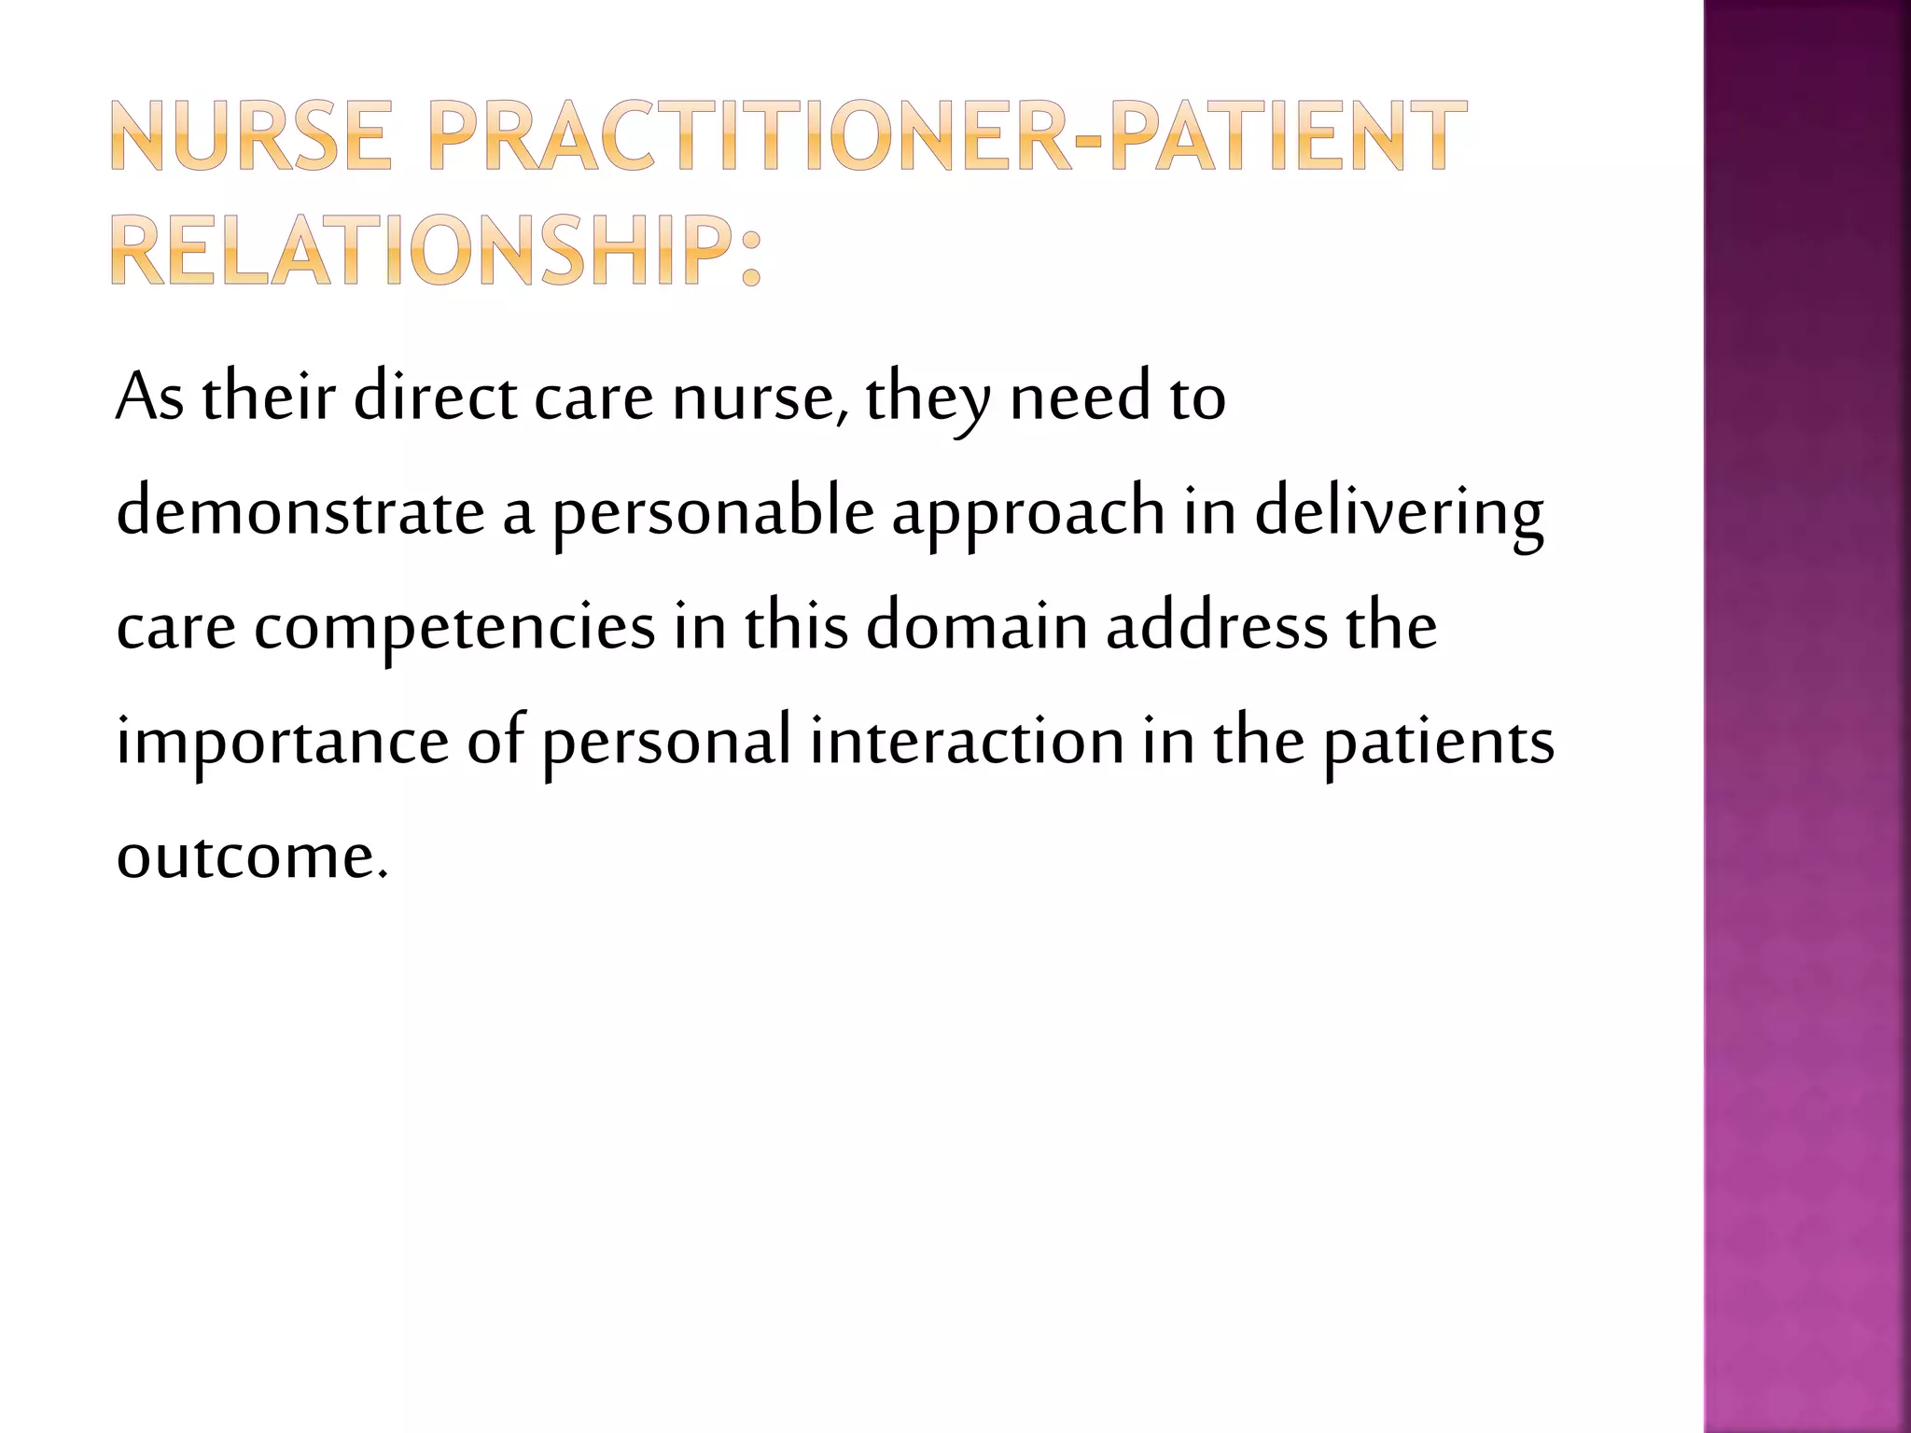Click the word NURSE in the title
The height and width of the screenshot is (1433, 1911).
pos(251,136)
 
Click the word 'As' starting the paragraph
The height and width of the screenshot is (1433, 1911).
pos(149,397)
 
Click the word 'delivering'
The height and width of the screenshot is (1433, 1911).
pos(1399,514)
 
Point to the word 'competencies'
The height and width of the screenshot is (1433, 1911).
pos(455,628)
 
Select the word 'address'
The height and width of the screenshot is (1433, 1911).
pos(1217,627)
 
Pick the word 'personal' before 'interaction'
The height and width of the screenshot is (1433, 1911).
pos(667,743)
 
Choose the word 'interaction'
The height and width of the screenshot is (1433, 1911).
pos(967,741)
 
